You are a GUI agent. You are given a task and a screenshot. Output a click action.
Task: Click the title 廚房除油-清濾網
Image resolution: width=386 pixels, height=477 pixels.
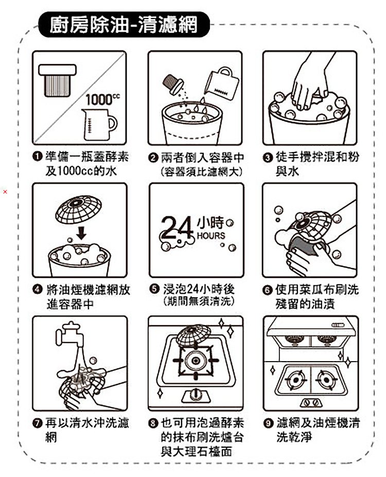click(124, 24)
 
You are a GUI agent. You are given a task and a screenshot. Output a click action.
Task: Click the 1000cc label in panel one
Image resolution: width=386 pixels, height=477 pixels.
click(103, 100)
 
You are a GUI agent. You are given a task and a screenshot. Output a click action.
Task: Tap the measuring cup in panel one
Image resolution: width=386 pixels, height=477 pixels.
click(99, 125)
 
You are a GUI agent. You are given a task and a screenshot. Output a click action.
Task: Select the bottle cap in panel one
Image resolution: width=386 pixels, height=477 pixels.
click(57, 80)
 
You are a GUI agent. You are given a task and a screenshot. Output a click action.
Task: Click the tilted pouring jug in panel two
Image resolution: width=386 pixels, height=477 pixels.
click(222, 83)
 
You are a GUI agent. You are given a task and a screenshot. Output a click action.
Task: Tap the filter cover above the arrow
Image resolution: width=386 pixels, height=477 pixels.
click(78, 210)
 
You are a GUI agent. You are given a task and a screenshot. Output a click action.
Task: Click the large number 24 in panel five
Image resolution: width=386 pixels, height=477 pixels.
click(177, 228)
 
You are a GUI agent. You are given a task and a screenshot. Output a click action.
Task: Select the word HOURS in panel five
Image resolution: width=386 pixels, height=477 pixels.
click(211, 236)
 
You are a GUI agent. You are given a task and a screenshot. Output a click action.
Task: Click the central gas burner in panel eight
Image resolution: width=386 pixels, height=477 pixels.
click(196, 361)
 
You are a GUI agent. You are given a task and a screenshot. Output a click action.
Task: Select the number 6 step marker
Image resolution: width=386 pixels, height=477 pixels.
click(267, 290)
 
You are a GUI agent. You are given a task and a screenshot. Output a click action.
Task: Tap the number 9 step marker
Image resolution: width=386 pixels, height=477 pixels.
click(268, 423)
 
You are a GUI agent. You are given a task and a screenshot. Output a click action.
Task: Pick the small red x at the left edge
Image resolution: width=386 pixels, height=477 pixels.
click(5, 192)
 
